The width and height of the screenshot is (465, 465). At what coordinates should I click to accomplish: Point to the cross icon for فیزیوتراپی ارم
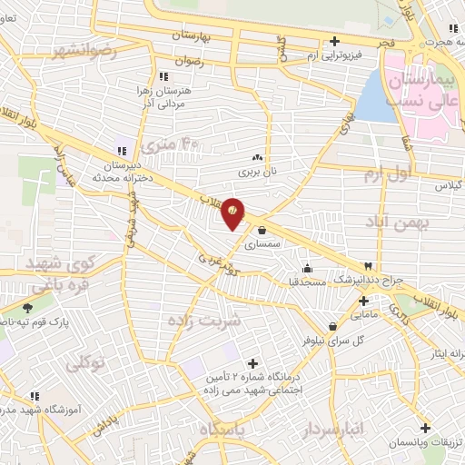pos(335,41)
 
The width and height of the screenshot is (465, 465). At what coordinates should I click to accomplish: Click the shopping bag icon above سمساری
pos(262,229)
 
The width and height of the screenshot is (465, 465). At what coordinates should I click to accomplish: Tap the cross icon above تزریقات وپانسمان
pos(424,428)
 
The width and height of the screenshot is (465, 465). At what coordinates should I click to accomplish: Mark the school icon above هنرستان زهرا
pos(163,77)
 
